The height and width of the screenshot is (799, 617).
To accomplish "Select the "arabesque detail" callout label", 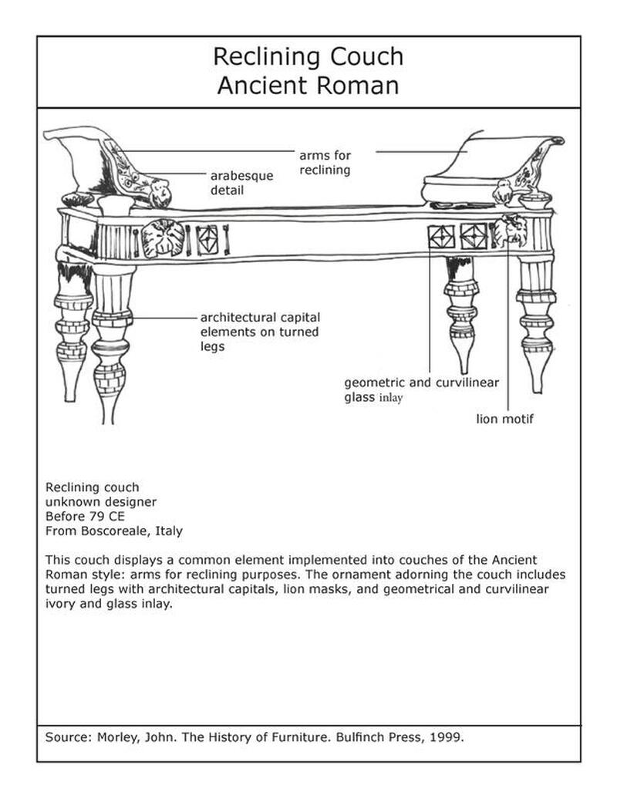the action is [x=242, y=183].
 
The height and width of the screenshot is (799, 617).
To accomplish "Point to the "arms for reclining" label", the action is [x=325, y=163].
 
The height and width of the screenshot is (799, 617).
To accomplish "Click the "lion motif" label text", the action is [x=505, y=419].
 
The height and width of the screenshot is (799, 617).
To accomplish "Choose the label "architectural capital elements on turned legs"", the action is [x=260, y=332].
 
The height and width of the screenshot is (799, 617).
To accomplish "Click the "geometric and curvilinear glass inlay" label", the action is [x=421, y=389].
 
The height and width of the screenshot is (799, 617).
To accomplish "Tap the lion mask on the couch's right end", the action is [x=510, y=229].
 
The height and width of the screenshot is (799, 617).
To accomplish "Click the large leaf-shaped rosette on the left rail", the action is [x=163, y=238].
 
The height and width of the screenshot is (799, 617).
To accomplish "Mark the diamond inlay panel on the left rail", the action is [x=207, y=240].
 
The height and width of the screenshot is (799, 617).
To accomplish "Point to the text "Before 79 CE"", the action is [x=85, y=516].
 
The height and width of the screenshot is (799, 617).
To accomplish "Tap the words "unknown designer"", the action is [x=101, y=502].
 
